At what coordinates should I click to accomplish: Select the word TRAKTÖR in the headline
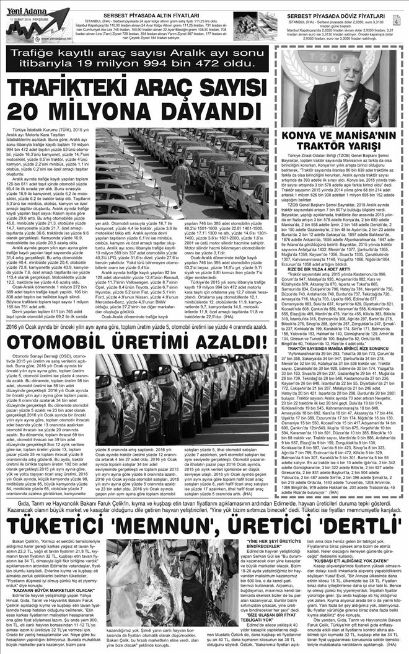point(325,146)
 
